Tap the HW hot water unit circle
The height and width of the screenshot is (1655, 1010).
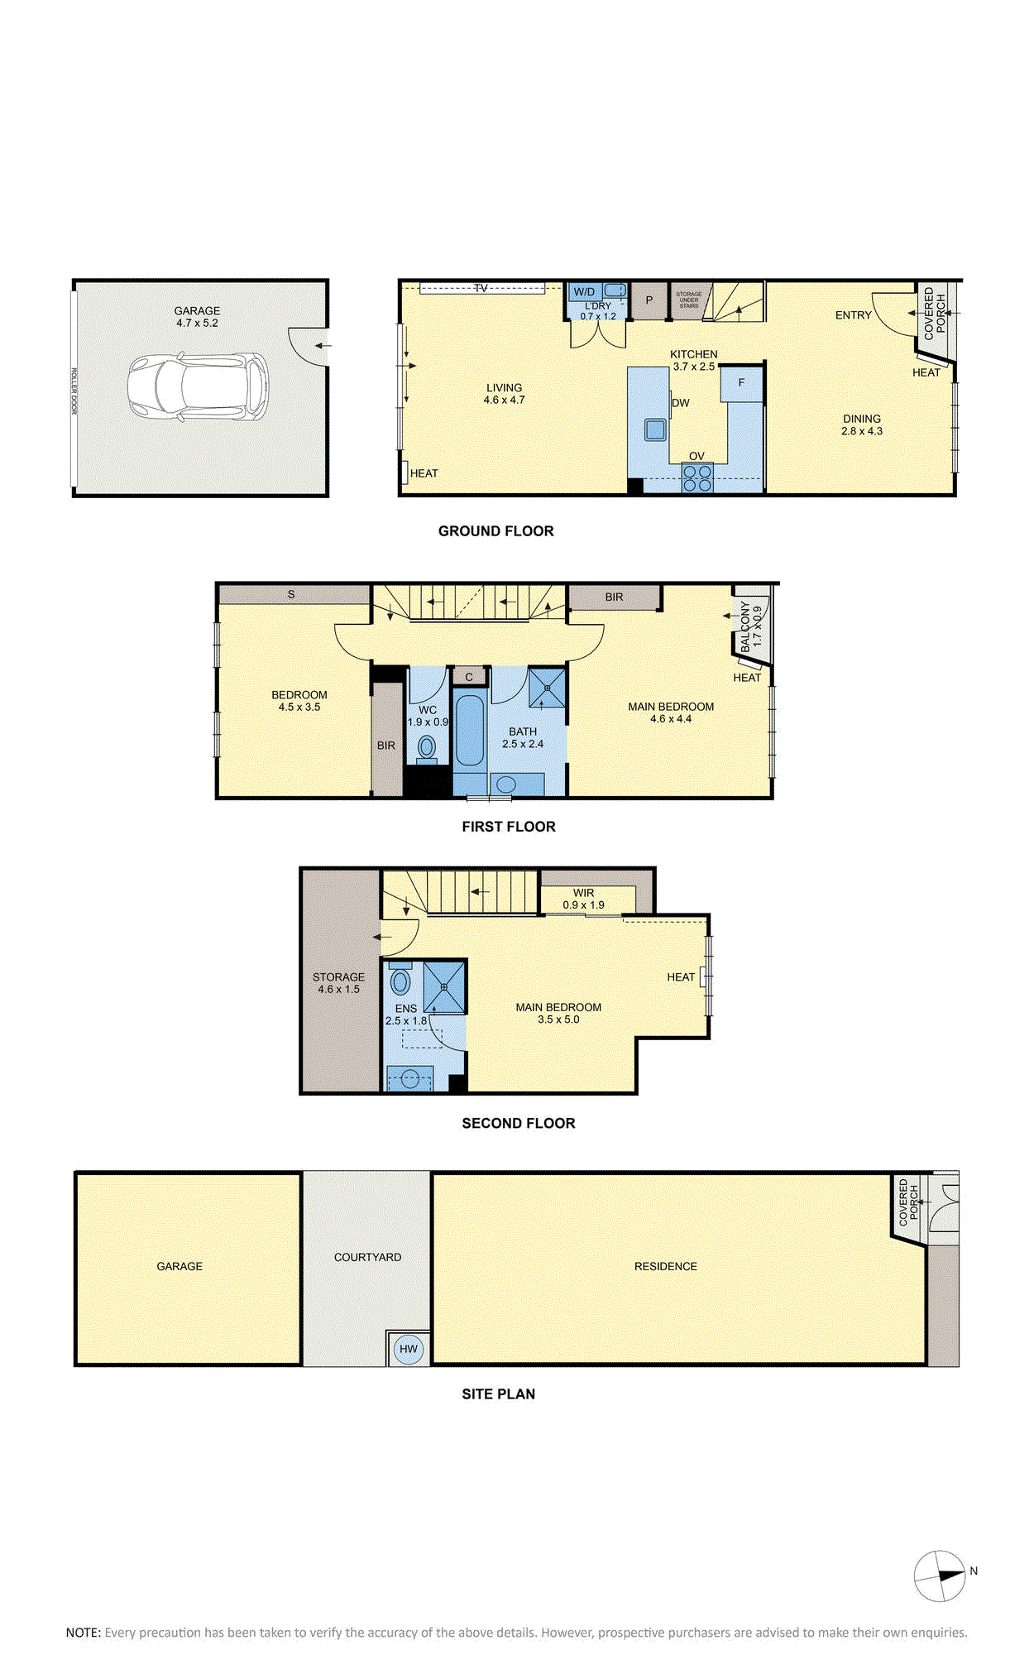tap(409, 1349)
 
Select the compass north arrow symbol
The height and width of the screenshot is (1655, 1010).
tap(941, 1576)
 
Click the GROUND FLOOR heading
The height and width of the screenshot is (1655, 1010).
tap(496, 531)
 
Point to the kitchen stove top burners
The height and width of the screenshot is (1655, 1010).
tap(697, 478)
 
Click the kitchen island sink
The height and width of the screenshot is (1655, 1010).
tap(656, 429)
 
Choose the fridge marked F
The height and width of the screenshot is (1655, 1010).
tap(741, 383)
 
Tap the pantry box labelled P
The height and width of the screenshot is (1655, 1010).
tap(649, 300)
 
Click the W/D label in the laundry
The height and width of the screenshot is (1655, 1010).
tap(584, 291)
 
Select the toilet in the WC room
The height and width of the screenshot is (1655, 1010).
tap(427, 747)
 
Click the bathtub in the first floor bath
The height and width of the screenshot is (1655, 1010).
tap(470, 731)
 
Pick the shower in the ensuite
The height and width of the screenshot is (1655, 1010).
tap(444, 986)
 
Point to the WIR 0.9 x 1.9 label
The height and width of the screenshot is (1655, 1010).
tap(584, 899)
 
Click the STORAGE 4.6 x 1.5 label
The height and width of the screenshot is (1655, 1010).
tap(338, 983)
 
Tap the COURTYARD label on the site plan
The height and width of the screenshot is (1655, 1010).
tap(367, 1257)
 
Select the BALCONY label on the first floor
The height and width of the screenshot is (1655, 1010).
tap(745, 626)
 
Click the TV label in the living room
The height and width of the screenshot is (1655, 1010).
tap(481, 288)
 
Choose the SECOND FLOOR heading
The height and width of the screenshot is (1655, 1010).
tap(519, 1123)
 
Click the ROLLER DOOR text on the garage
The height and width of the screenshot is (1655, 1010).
tap(74, 391)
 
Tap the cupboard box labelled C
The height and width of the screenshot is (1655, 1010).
tap(469, 677)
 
